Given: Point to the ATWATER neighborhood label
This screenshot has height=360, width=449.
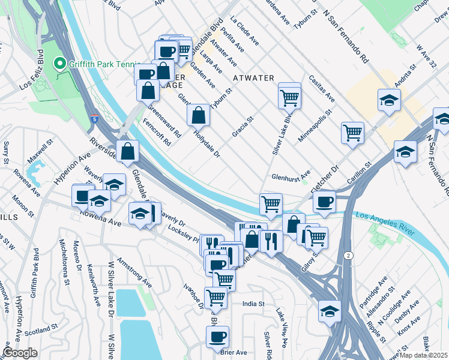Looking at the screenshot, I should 254,78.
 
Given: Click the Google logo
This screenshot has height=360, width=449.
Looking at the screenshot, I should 20,352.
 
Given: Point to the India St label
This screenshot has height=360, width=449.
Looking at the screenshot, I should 253,304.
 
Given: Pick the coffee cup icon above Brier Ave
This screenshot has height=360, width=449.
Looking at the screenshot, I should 217,336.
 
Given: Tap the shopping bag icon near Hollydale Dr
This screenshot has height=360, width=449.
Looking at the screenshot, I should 198,114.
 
